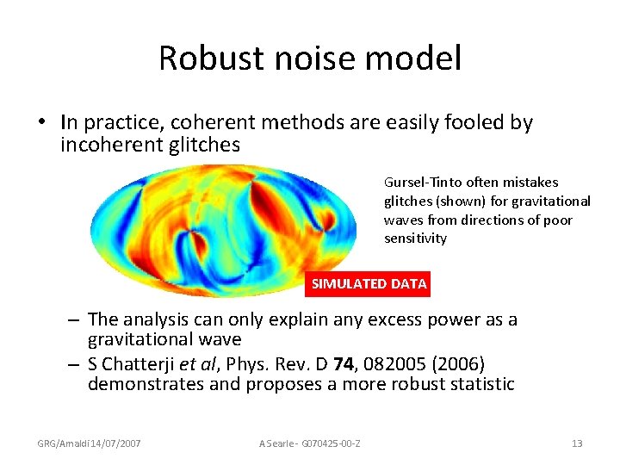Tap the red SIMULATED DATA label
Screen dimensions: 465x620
click(x=369, y=283)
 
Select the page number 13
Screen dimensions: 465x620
click(x=577, y=443)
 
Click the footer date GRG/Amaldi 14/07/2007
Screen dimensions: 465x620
click(x=89, y=443)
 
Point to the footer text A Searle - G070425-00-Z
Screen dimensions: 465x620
click(x=310, y=443)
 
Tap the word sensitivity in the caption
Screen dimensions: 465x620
click(x=415, y=239)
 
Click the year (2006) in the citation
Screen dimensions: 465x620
click(x=461, y=363)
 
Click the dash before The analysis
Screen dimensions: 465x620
click(x=74, y=320)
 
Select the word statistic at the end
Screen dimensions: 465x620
click(x=476, y=383)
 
